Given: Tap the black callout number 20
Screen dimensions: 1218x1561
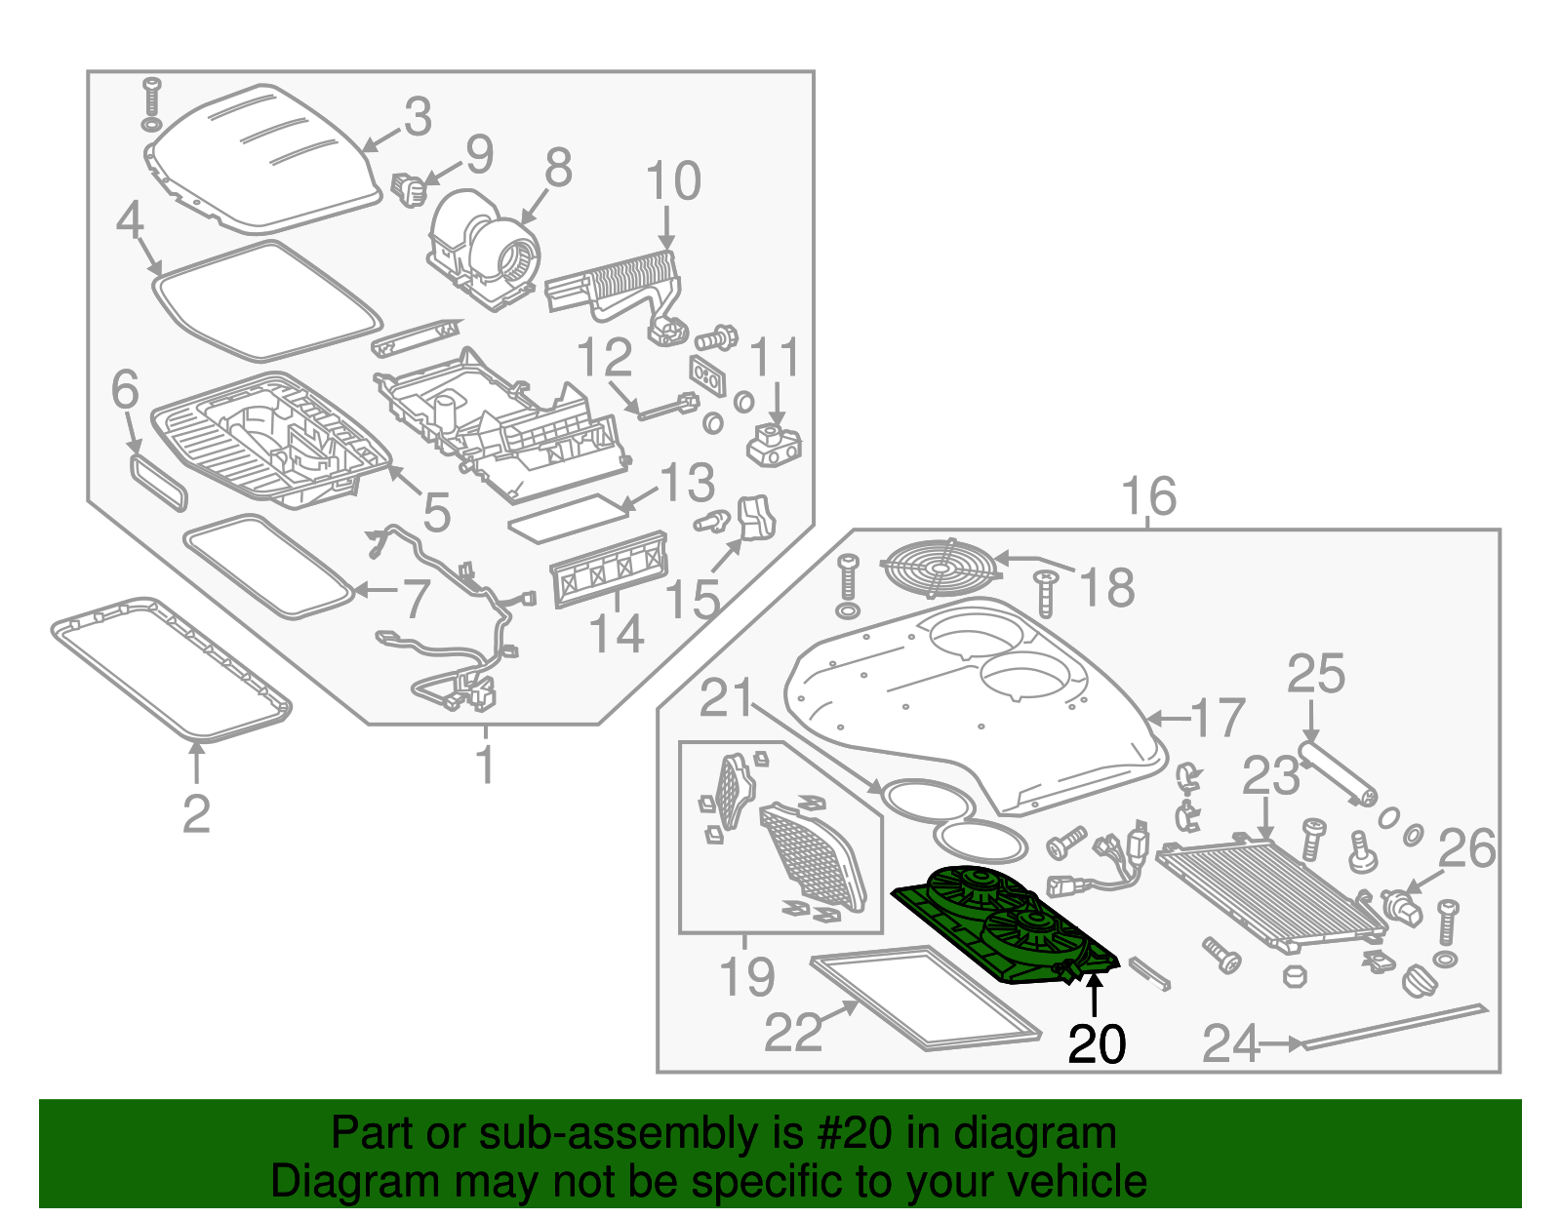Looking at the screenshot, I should pos(1097,1045).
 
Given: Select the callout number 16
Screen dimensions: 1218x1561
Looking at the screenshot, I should pos(1148,496).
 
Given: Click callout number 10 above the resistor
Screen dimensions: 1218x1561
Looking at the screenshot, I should pos(672,181).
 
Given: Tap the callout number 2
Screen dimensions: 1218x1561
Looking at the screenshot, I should pos(196,813).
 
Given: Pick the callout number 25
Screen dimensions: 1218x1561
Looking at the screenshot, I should pos(1315,675).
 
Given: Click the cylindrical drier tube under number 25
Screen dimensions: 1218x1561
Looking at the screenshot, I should pos(1336,773).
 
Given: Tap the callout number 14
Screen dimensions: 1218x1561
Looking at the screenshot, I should pos(617,634).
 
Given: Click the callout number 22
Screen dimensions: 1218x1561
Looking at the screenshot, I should pos(792,1033).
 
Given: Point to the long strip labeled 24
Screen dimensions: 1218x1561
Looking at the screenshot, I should pos(1395,1024).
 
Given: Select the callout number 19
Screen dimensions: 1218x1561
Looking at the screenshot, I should pos(746,976).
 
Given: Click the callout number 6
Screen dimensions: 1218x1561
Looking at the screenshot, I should pos(125,391).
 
